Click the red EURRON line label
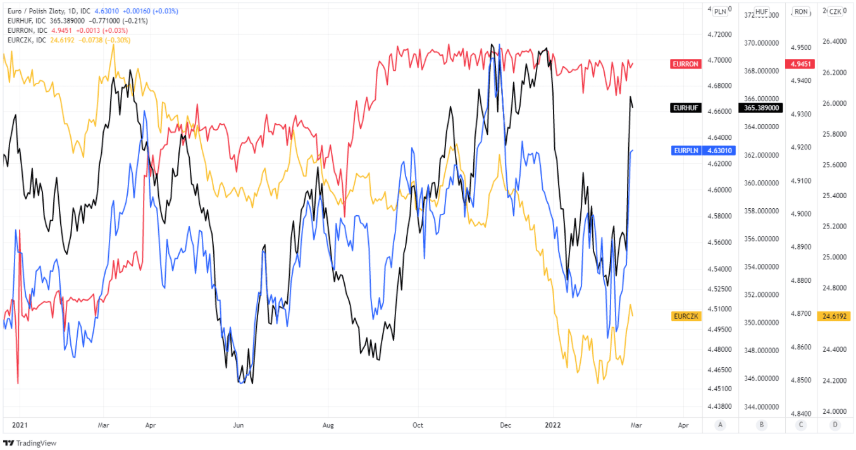pyautogui.click(x=686, y=64)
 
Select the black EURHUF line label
pyautogui.click(x=686, y=108)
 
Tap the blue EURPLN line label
pyautogui.click(x=686, y=151)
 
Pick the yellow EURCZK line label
pyautogui.click(x=686, y=315)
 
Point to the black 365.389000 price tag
pyautogui.click(x=762, y=108)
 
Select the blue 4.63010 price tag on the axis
pyautogui.click(x=719, y=151)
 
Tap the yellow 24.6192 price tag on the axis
pyautogui.click(x=834, y=315)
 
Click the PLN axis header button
pyautogui.click(x=720, y=11)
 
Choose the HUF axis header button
pyautogui.click(x=762, y=11)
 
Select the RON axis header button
pyautogui.click(x=801, y=11)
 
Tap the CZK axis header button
pyautogui.click(x=835, y=11)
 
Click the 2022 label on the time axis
pyautogui.click(x=553, y=425)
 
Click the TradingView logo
pyautogui.click(x=30, y=443)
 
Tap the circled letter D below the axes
pyautogui.click(x=835, y=425)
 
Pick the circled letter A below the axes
pyautogui.click(x=720, y=425)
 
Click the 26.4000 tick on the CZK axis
pyautogui.click(x=834, y=42)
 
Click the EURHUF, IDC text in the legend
pyautogui.click(x=28, y=21)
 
